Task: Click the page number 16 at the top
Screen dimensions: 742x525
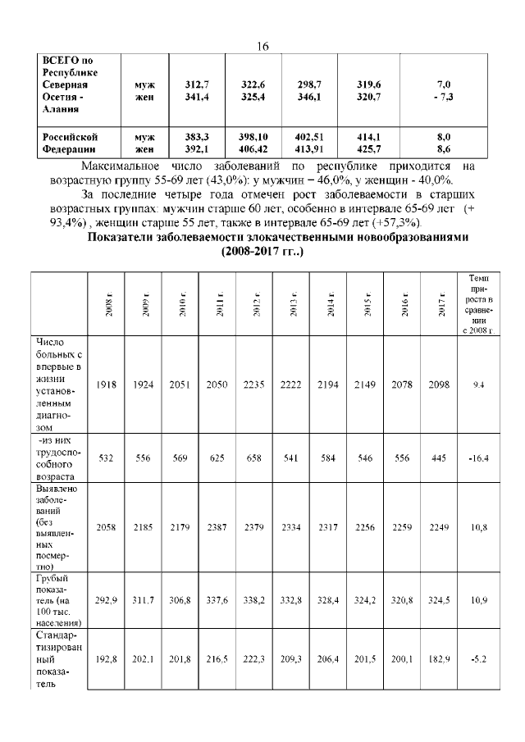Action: (263, 47)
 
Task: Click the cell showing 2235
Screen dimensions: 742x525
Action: (256, 385)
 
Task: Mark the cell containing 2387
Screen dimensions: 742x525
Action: (219, 526)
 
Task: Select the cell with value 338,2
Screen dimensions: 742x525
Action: (256, 600)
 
